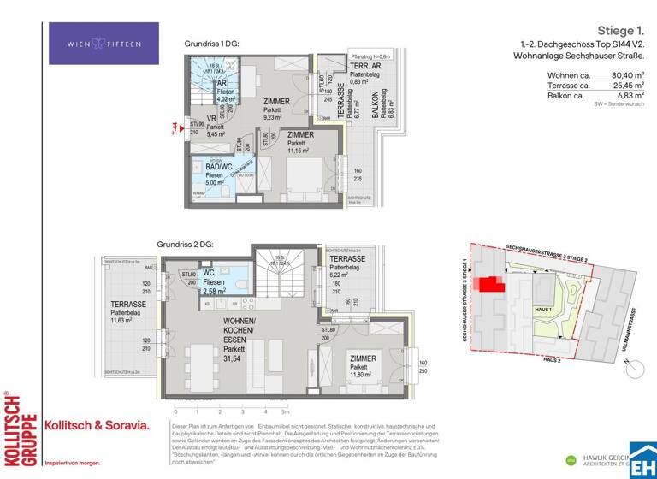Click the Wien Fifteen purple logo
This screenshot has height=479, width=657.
click(92, 44)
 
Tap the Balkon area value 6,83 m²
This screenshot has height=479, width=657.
click(629, 96)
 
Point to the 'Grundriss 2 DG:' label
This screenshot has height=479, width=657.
click(186, 245)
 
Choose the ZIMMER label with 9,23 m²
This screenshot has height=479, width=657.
click(276, 107)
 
